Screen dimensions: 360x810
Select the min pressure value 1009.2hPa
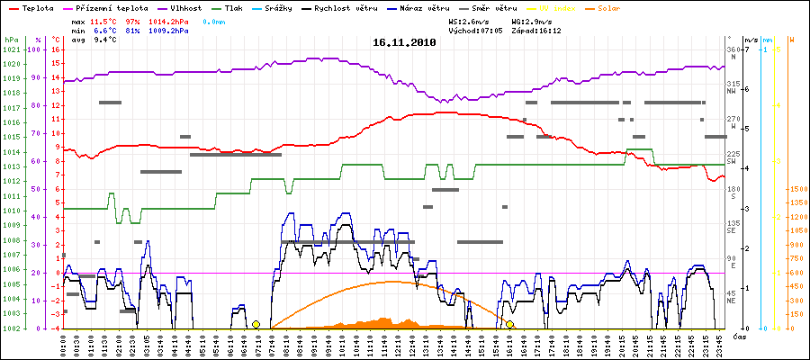coord(167,30)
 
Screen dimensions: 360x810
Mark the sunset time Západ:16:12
coord(535,30)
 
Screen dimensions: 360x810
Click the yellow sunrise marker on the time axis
coord(256,324)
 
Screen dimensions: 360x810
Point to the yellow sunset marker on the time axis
coord(509,324)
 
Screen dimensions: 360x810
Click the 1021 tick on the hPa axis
coord(11,49)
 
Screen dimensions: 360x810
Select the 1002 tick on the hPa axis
coord(11,328)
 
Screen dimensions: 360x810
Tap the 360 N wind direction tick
coord(733,50)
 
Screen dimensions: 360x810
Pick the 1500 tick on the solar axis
coord(797,190)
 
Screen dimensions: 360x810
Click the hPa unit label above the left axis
coord(11,40)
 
